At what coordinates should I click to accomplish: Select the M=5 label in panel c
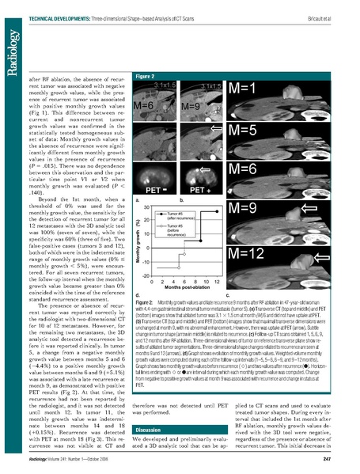[x=250, y=128]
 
